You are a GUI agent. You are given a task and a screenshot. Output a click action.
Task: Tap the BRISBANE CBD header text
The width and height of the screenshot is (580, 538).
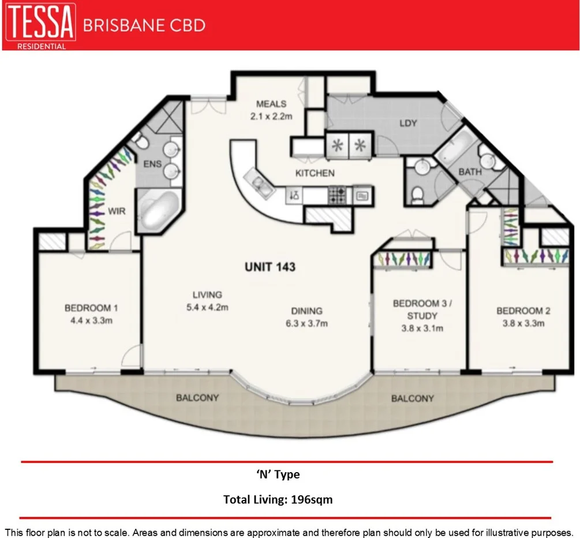pyautogui.click(x=144, y=25)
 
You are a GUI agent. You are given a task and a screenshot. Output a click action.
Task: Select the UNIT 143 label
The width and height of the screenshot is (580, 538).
pyautogui.click(x=270, y=267)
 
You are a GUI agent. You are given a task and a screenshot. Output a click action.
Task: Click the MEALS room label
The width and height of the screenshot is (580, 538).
pyautogui.click(x=271, y=104)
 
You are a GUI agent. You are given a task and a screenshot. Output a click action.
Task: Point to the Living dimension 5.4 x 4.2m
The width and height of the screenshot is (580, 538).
pyautogui.click(x=207, y=307)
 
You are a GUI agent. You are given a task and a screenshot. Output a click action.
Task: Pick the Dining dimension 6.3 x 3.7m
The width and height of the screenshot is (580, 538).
pyautogui.click(x=306, y=323)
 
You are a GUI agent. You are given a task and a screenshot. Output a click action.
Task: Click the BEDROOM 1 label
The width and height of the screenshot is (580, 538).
pyautogui.click(x=88, y=308)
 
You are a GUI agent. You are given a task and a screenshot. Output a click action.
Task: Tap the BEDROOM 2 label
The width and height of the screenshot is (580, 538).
pyautogui.click(x=523, y=311)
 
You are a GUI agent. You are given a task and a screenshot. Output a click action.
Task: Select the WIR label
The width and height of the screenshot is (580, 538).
pyautogui.click(x=117, y=211)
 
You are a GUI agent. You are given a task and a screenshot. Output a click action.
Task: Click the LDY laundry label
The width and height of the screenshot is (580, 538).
pyautogui.click(x=408, y=123)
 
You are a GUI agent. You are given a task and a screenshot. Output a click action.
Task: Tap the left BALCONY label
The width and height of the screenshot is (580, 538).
pyautogui.click(x=197, y=398)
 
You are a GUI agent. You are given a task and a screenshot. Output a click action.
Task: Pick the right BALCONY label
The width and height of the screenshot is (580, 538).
pyautogui.click(x=412, y=398)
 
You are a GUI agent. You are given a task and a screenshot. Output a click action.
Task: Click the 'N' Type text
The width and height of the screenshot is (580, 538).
pyautogui.click(x=278, y=475)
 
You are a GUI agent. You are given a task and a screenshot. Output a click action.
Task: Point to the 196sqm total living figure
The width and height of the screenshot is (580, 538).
pyautogui.click(x=312, y=499)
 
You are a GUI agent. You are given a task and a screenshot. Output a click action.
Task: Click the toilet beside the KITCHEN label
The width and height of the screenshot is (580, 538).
pyautogui.click(x=417, y=195)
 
